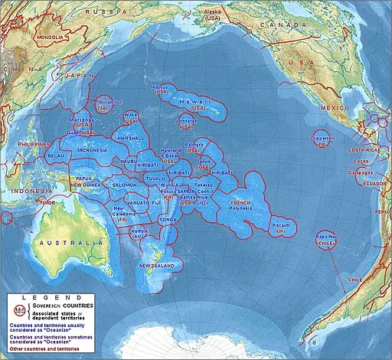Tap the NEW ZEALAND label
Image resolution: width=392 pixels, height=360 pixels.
[161, 266]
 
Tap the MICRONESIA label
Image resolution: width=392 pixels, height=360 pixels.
[91, 151]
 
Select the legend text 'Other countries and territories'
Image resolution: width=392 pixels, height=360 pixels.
[46, 352]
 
